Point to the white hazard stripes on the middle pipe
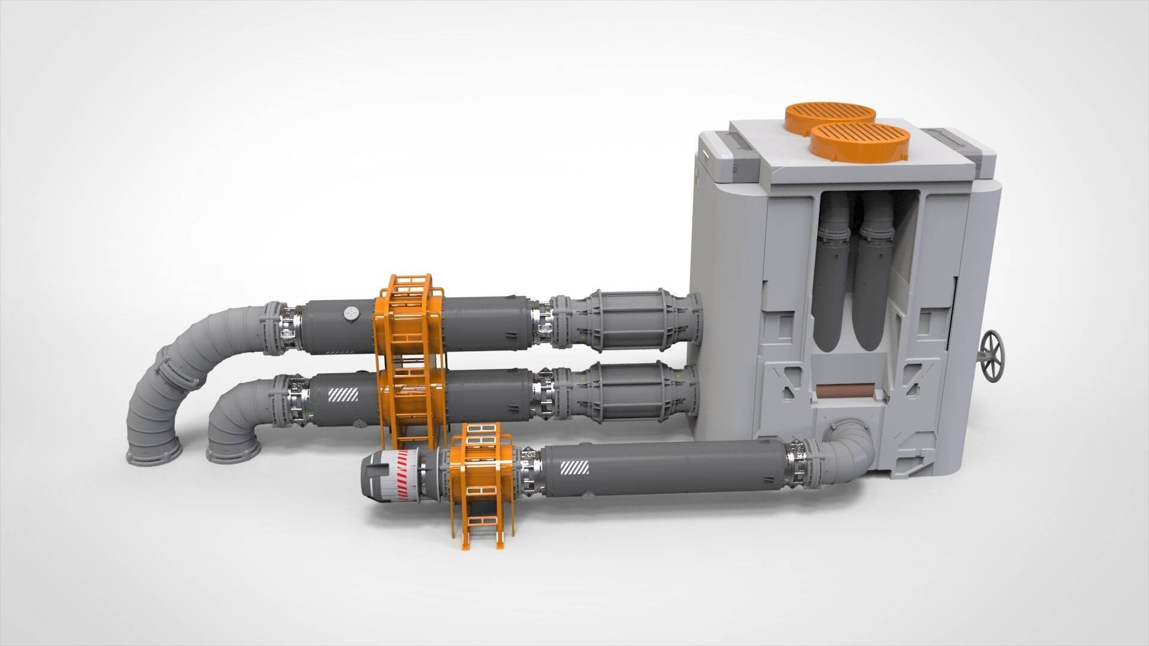343,395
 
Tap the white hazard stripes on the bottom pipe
574,468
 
